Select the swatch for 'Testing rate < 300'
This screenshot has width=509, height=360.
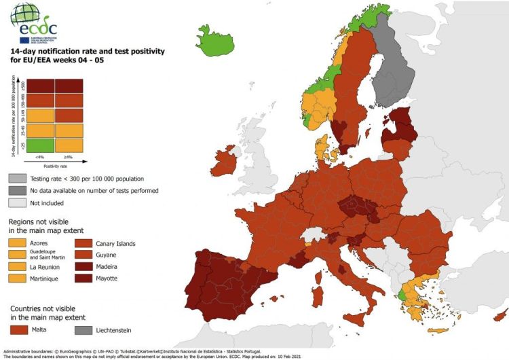point(17,179)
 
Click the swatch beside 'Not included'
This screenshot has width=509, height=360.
point(17,202)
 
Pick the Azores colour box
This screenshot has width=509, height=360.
point(18,243)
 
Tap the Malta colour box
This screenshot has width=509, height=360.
point(18,329)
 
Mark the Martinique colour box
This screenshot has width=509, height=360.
point(18,278)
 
